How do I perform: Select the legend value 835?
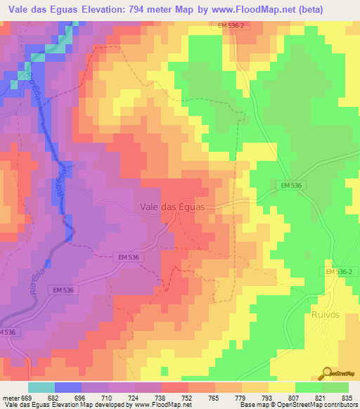[x=346, y=397]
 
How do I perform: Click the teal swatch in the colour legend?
[x=41, y=387]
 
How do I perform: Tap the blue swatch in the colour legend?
[x=68, y=387]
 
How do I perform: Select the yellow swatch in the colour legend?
[x=281, y=387]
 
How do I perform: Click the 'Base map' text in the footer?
[x=252, y=405]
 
